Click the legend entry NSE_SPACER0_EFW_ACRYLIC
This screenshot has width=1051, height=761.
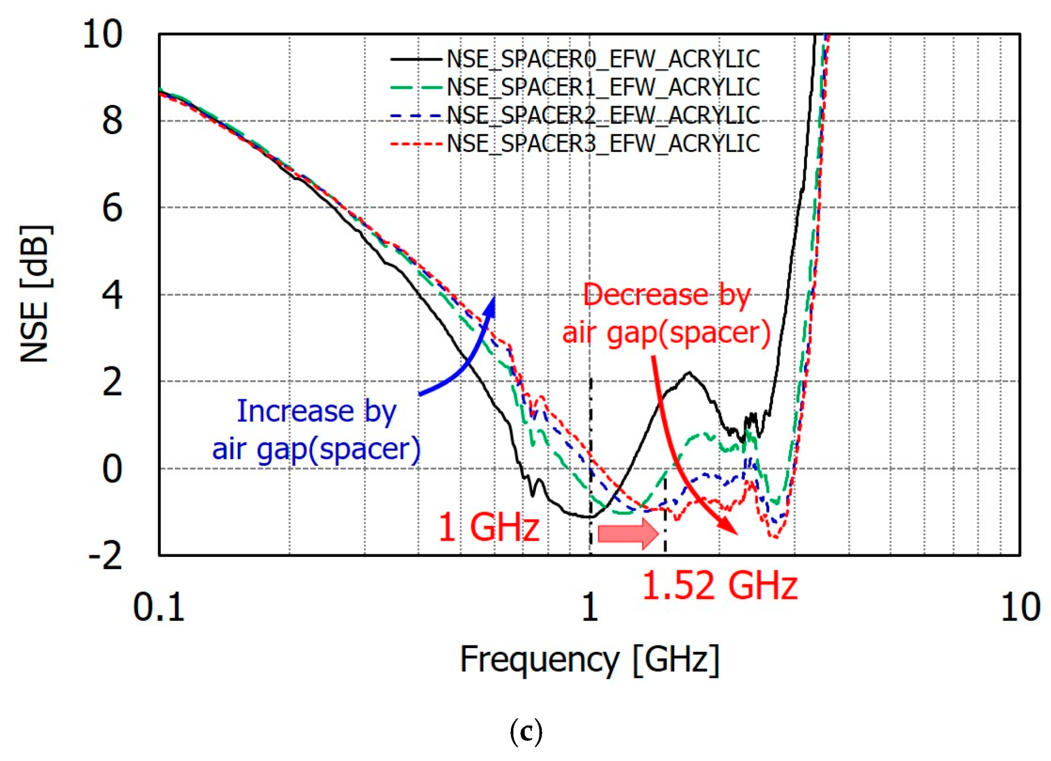coord(603,59)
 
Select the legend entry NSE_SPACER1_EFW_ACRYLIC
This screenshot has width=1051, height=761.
coord(603,87)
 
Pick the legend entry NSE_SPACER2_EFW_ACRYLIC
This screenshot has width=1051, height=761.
coord(603,115)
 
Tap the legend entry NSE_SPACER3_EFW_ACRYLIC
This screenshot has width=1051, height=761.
coord(603,143)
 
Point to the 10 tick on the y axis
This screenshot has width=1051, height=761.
coord(102,34)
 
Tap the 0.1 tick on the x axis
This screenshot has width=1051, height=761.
coord(159,607)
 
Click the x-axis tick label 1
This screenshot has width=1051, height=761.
coord(589,607)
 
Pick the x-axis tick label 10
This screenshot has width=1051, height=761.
coord(1020,607)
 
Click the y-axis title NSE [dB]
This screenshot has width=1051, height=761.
coord(35,294)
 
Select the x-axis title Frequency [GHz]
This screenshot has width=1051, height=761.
coord(589,660)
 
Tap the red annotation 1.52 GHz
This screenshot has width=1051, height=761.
coord(719,585)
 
